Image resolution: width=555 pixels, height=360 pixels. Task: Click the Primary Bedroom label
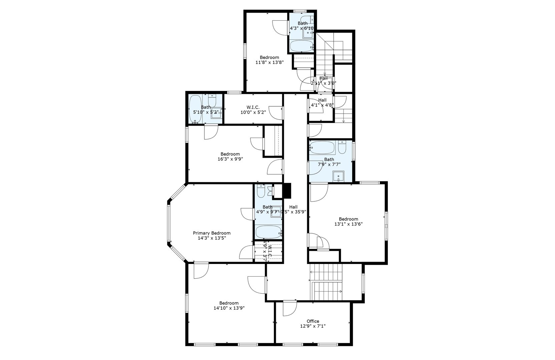tap(211, 233)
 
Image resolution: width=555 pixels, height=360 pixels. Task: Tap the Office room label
tap(313, 321)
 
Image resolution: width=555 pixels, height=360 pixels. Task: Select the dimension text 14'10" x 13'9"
tap(229, 308)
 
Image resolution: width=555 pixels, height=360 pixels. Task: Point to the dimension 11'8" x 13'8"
tap(269, 62)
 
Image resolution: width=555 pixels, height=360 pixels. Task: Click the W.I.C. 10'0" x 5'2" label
tap(253, 110)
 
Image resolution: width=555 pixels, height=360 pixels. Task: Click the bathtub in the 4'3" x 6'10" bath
tap(301, 46)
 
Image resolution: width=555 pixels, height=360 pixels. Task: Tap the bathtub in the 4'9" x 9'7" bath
tap(268, 231)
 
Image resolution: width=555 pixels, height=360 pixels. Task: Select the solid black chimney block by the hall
tap(287, 191)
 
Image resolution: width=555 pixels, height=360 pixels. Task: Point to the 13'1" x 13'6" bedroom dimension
tap(348, 224)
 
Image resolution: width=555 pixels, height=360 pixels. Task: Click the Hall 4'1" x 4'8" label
tap(322, 102)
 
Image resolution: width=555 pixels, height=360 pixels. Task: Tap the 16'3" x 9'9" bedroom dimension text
tap(230, 159)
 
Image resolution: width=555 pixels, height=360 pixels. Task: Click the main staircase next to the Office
tap(327, 282)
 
